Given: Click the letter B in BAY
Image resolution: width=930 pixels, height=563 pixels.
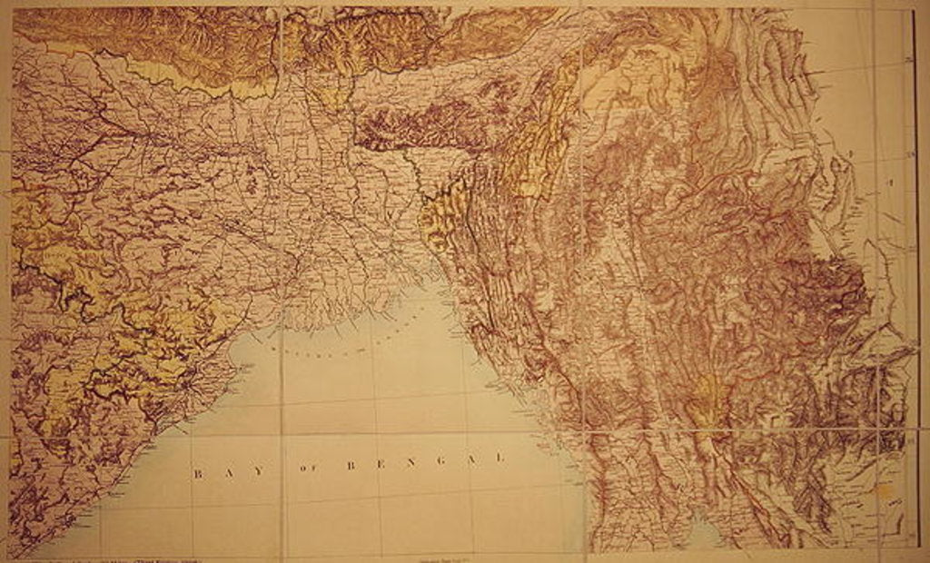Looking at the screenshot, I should (x=196, y=473).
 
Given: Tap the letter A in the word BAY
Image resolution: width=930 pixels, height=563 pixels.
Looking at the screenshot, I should (x=230, y=472).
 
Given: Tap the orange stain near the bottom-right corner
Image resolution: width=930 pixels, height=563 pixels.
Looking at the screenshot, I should (x=879, y=491).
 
